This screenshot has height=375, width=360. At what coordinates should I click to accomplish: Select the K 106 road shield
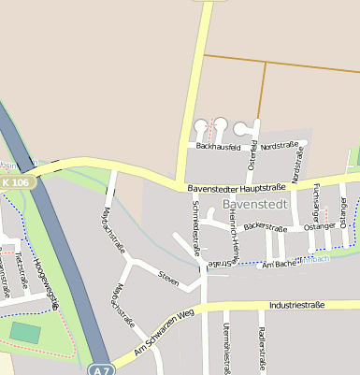[x=17, y=181]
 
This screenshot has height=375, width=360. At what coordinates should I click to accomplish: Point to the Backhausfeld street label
[x=221, y=147]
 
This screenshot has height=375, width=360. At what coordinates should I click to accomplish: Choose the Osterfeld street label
[x=252, y=155]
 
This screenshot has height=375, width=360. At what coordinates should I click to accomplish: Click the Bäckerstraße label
[x=265, y=226]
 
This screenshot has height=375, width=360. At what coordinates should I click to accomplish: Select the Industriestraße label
[x=295, y=305]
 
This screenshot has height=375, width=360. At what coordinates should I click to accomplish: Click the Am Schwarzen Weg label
[x=164, y=332]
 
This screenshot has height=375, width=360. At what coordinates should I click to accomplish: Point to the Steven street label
[x=168, y=278]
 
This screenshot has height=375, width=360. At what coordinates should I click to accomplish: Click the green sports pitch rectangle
[x=25, y=332]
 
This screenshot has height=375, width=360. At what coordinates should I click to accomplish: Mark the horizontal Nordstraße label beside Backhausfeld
[x=280, y=146]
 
